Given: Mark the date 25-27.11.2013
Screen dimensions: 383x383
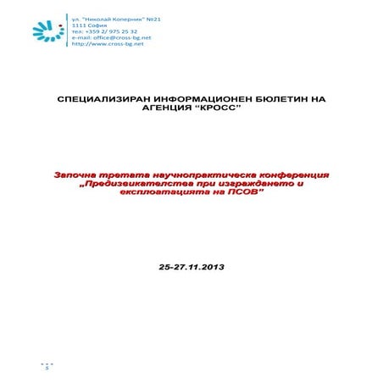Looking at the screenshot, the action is pyautogui.click(x=191, y=266).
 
